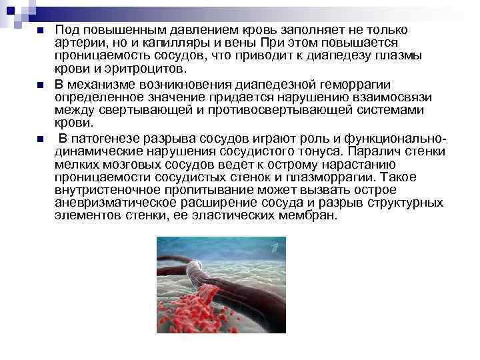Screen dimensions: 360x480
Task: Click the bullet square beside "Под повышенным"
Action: pos(39,31)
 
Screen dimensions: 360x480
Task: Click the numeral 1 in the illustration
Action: pos(275,249)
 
